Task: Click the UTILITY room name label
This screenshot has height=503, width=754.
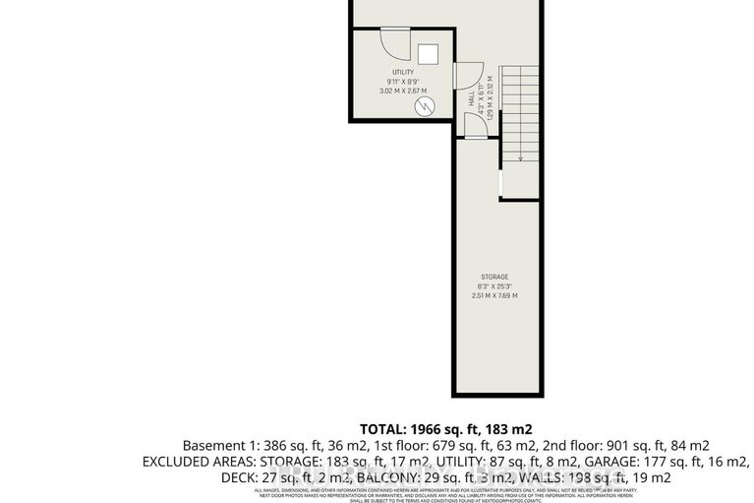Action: (x=402, y=72)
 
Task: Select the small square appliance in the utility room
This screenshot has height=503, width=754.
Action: (x=428, y=53)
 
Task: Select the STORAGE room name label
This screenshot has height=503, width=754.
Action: (x=493, y=277)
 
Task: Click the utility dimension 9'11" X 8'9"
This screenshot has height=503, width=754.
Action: (x=402, y=81)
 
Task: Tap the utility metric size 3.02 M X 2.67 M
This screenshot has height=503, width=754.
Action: (x=402, y=91)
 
